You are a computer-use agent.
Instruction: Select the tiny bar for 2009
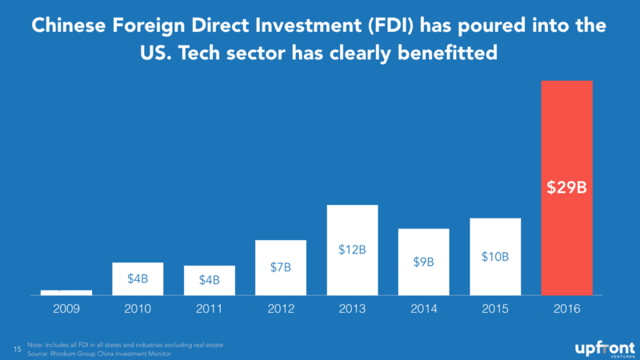[66, 292]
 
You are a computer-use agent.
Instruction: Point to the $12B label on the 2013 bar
[352, 250]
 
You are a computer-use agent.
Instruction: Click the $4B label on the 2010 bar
[138, 279]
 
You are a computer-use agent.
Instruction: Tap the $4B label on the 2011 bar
[209, 281]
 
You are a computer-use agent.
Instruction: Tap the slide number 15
[18, 349]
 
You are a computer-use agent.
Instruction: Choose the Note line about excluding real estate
[124, 345]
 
